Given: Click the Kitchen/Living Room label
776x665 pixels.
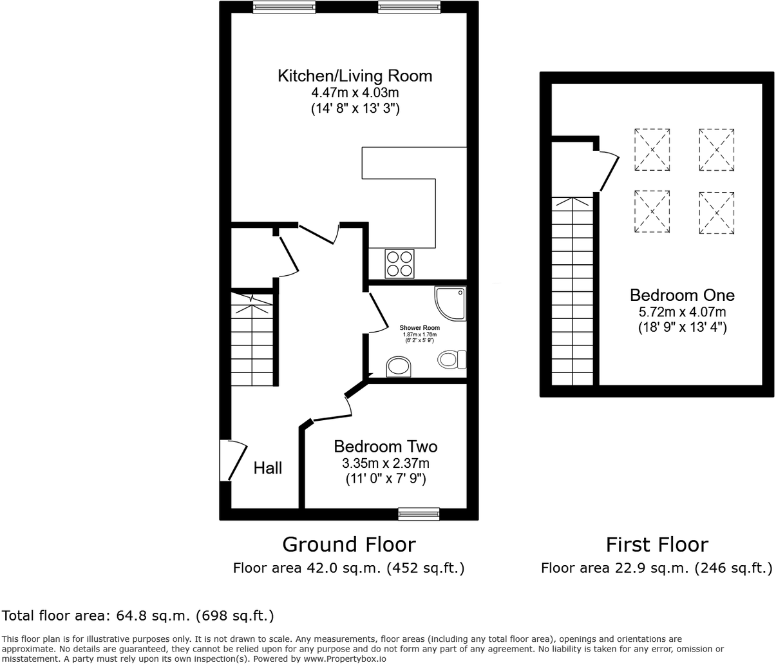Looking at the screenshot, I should click(x=355, y=76).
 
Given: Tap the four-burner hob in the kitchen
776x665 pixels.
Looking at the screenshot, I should click(x=399, y=264).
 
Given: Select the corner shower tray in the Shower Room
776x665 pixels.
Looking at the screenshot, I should click(x=451, y=304).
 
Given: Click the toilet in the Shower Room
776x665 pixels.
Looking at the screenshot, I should click(x=452, y=359).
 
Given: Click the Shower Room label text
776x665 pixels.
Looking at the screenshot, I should click(x=419, y=328).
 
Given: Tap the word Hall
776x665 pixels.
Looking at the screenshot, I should click(x=267, y=468).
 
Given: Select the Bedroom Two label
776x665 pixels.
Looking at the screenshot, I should click(x=385, y=447).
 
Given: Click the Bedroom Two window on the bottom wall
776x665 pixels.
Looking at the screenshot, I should click(x=419, y=514).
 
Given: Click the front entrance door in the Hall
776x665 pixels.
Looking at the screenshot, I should click(x=233, y=460).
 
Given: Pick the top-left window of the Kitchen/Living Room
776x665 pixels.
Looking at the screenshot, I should click(x=284, y=7).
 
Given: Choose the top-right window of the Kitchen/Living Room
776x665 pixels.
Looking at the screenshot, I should click(x=409, y=7).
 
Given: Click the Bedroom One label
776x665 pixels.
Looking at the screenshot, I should click(x=682, y=295).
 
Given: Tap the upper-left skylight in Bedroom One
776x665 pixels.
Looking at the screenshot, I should click(x=652, y=149).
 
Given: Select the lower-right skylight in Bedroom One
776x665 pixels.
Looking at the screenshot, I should click(x=716, y=212).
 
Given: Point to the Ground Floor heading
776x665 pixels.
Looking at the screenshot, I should click(x=348, y=545).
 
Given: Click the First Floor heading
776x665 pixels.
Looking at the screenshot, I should click(x=656, y=545).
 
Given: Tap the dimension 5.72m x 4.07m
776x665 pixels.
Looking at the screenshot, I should click(x=682, y=312).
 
